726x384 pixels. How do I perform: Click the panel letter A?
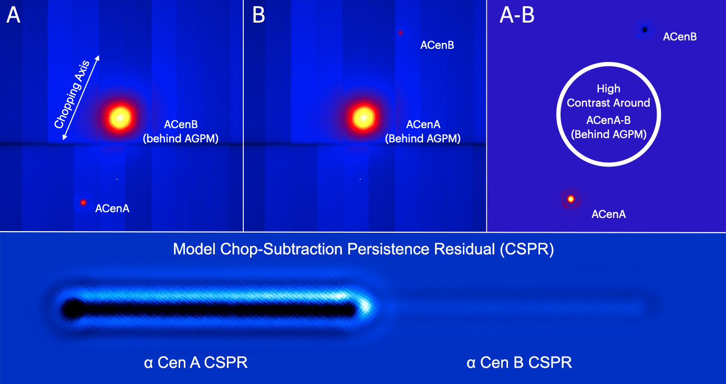[13, 15]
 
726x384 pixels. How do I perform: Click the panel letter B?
[258, 15]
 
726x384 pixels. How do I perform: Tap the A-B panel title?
[517, 15]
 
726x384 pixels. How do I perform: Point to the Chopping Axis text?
[71, 95]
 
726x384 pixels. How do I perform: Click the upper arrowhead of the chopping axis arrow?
[98, 58]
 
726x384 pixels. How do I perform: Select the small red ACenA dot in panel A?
[84, 203]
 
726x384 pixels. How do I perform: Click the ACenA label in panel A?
[112, 209]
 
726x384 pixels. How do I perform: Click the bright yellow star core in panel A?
[120, 118]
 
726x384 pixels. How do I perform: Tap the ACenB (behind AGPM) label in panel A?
[181, 131]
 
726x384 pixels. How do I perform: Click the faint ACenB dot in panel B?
[401, 33]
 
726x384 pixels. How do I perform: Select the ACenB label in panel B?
[437, 45]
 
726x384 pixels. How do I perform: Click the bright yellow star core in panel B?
[364, 118]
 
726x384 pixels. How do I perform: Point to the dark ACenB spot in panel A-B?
[645, 30]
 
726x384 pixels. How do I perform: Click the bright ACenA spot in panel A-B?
[571, 199]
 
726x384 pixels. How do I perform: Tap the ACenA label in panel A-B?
[609, 214]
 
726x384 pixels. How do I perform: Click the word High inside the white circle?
[609, 89]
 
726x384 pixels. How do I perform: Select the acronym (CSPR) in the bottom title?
[527, 249]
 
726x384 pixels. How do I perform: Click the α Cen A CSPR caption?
[196, 362]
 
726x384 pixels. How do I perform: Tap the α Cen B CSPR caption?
[519, 362]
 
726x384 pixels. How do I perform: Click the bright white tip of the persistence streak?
[366, 306]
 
